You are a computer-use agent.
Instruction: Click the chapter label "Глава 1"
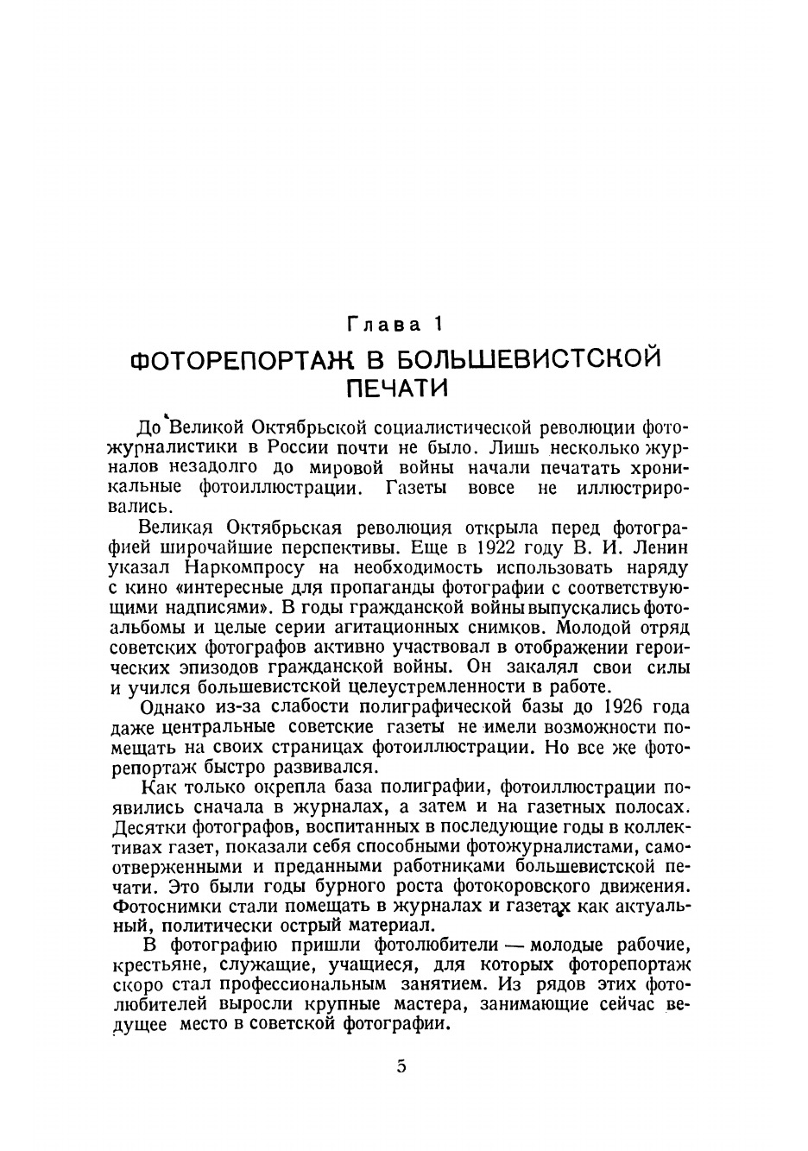pyautogui.click(x=396, y=325)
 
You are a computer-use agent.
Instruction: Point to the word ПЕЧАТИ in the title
pyautogui.click(x=397, y=389)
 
